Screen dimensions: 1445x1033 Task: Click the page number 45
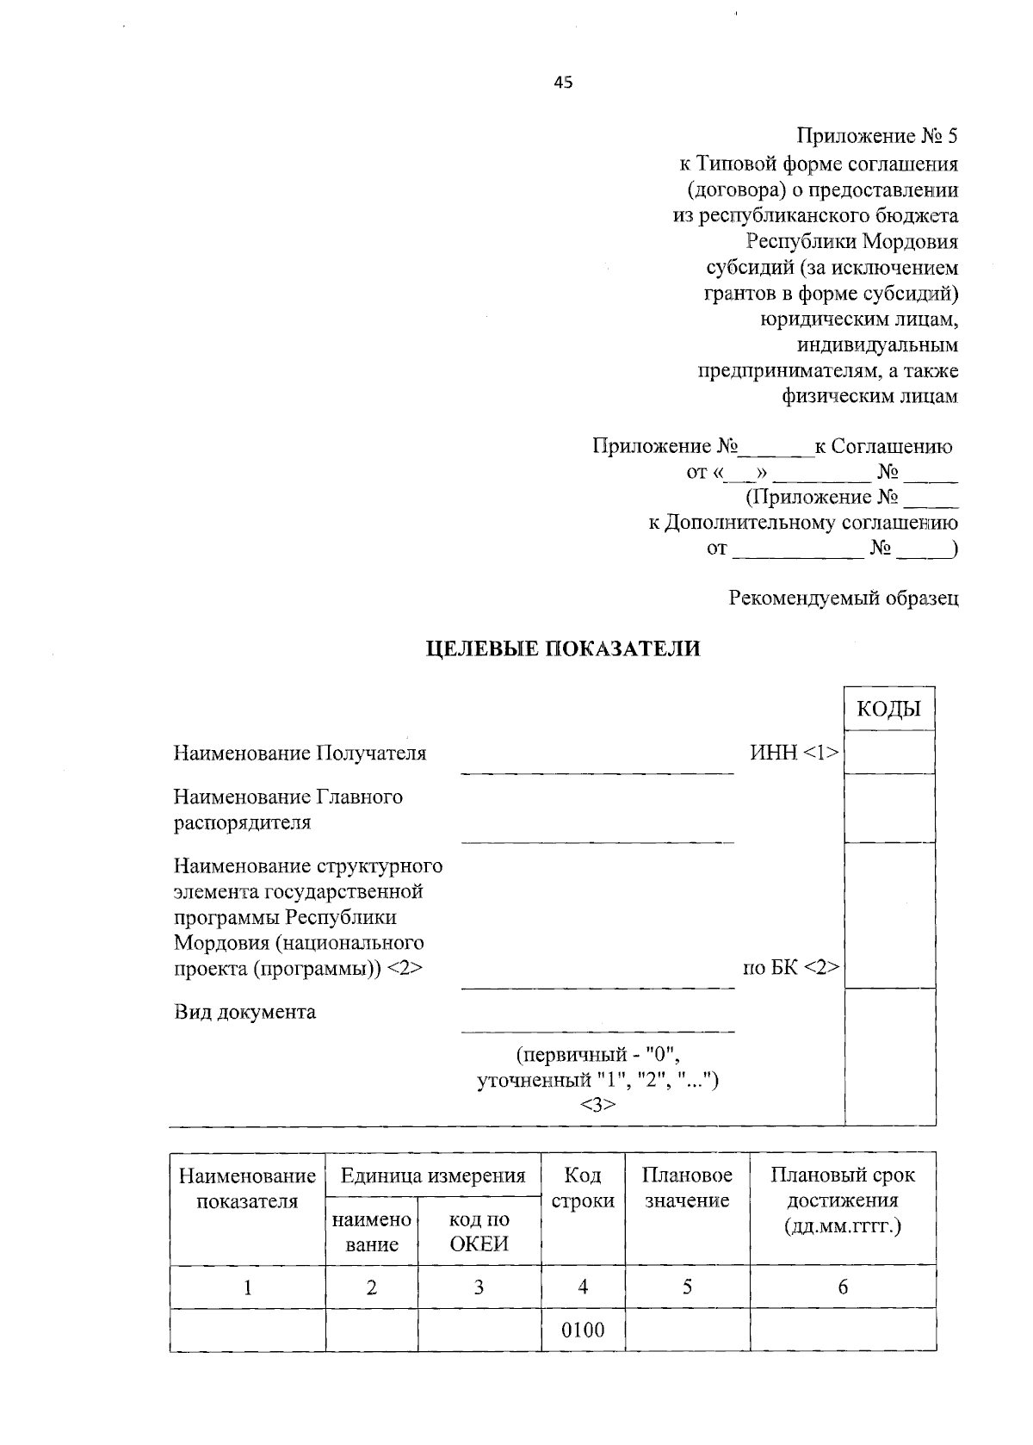[562, 83]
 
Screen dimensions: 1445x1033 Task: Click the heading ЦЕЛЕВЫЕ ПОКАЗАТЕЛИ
[564, 648]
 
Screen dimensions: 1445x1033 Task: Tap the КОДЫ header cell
[888, 709]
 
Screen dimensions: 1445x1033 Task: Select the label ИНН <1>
[794, 753]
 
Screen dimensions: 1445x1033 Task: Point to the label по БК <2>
[791, 967]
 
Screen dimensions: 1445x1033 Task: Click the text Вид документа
[244, 1011]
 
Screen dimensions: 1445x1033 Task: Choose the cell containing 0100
[583, 1330]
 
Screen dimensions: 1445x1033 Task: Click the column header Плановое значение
[687, 1188]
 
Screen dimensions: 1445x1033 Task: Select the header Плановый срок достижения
[842, 1200]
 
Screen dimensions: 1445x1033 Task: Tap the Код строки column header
[583, 1188]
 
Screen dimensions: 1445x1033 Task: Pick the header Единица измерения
[432, 1175]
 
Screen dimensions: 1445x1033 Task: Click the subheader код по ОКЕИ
[479, 1231]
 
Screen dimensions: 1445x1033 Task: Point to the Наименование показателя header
[247, 1188]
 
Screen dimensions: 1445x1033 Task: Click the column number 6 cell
[843, 1287]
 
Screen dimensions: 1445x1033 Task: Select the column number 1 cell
[247, 1287]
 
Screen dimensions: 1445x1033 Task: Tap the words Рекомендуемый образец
[844, 598]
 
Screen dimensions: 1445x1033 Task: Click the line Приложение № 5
[876, 136]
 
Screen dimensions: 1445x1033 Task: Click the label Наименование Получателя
[300, 754]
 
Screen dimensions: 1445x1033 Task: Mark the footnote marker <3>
[597, 1105]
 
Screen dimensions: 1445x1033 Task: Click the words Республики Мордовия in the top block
[851, 241]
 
